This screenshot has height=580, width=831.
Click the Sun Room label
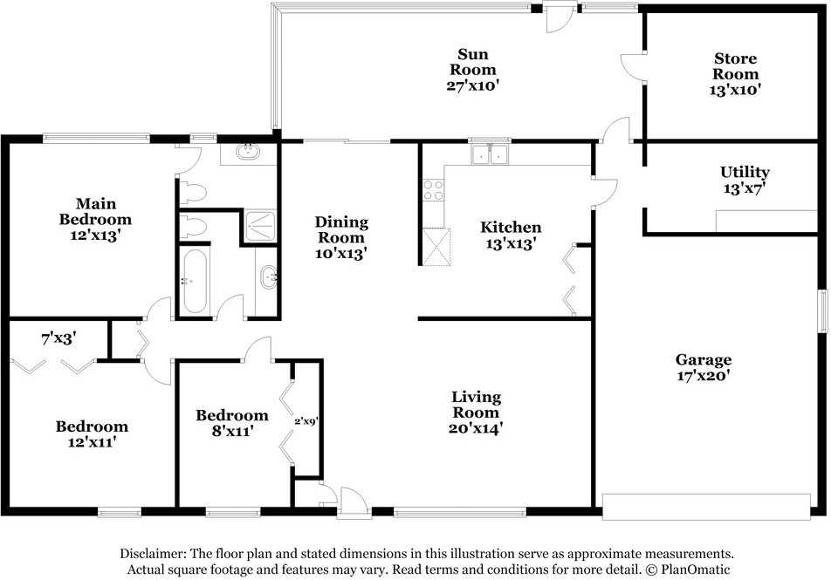coord(473,62)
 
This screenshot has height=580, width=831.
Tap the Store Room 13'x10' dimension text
coord(735,90)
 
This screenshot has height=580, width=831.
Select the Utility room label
coord(745,172)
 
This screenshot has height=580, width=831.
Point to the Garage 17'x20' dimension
coord(704,376)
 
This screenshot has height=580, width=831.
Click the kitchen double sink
coord(491,155)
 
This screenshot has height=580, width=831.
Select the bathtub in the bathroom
coord(195,282)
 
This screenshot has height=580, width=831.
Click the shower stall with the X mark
coord(260,226)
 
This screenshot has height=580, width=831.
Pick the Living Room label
coord(476,404)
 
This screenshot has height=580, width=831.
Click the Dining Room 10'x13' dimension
coord(341,254)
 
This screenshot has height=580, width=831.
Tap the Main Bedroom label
coord(95,211)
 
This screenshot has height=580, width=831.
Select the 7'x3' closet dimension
coord(58,338)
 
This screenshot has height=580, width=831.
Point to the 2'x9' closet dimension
coord(306,421)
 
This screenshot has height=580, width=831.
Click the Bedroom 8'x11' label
coord(231,423)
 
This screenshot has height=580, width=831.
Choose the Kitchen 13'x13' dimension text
coord(511,243)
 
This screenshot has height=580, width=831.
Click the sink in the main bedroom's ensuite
coord(248,152)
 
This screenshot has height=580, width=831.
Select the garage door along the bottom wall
coord(706,507)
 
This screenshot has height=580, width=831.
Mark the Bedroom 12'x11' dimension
coord(93,441)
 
